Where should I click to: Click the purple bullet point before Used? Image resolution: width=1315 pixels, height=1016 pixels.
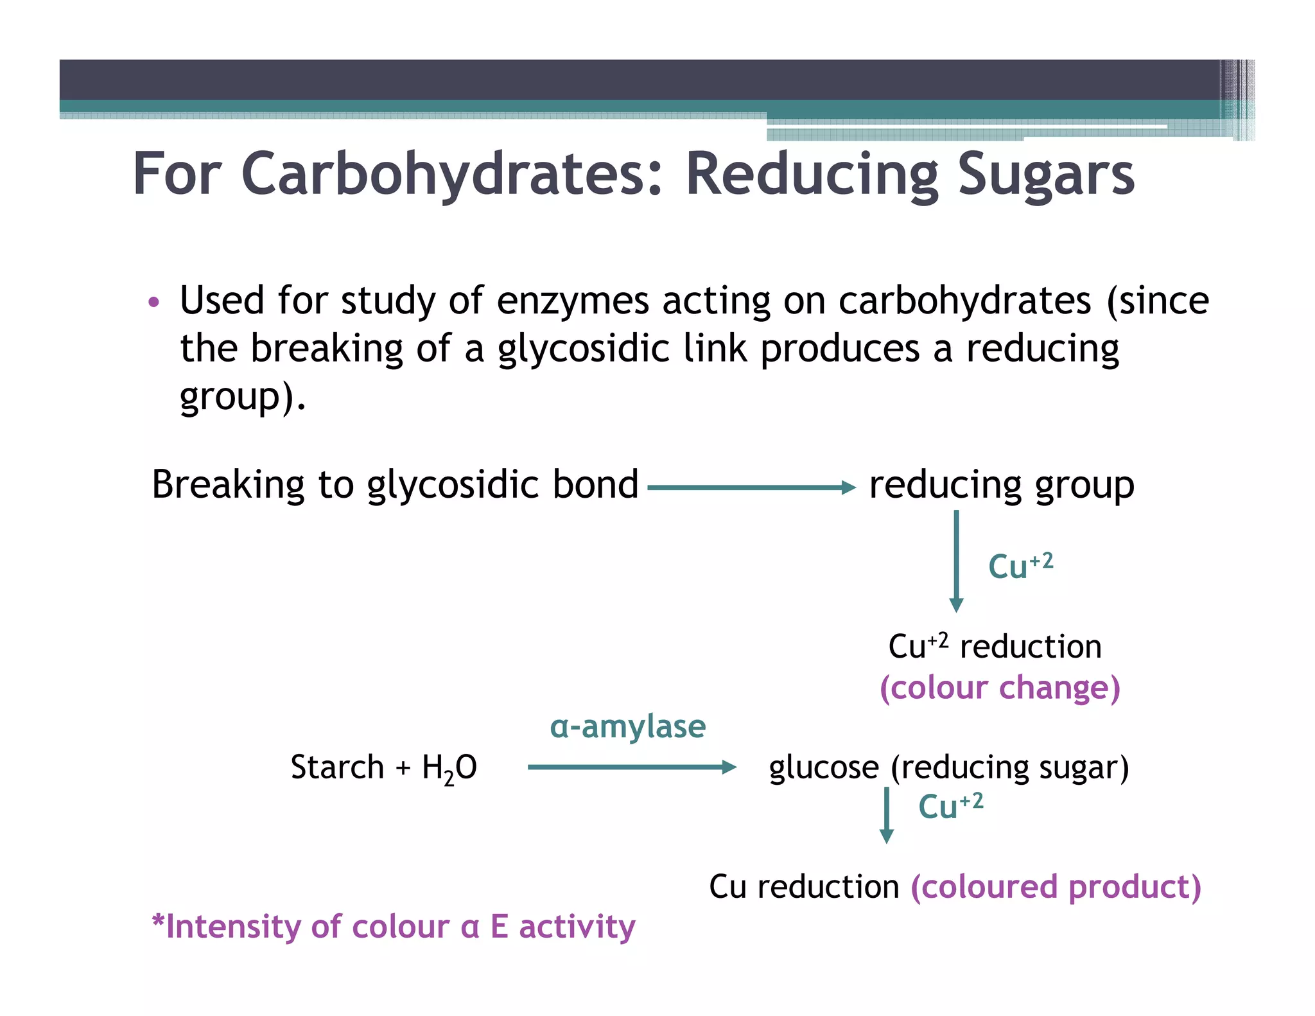click(153, 301)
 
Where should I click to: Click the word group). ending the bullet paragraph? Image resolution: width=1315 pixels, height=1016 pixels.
click(242, 397)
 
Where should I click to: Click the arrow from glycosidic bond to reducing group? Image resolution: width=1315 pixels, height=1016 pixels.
click(751, 487)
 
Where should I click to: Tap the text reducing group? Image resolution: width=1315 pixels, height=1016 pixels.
click(1001, 486)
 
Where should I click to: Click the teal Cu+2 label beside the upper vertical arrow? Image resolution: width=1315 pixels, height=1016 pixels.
click(1020, 566)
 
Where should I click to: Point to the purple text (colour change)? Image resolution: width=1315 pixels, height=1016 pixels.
click(1000, 688)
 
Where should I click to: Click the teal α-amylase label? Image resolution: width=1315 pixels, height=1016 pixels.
click(627, 727)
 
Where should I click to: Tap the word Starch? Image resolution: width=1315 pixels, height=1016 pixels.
click(337, 767)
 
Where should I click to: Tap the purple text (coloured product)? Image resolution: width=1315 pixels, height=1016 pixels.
click(1056, 888)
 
